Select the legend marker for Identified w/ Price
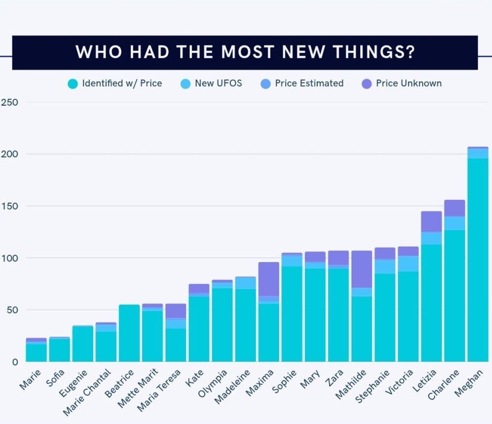(x=73, y=84)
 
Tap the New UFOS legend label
(x=218, y=84)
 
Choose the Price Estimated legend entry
(x=309, y=84)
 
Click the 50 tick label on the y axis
(x=12, y=310)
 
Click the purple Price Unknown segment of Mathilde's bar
(x=361, y=269)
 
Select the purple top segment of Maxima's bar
(x=269, y=279)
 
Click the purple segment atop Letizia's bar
(x=431, y=221)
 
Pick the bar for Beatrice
(x=129, y=333)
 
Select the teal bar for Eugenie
(x=83, y=344)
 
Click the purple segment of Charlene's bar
(x=454, y=208)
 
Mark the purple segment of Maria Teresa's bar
(x=175, y=311)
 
